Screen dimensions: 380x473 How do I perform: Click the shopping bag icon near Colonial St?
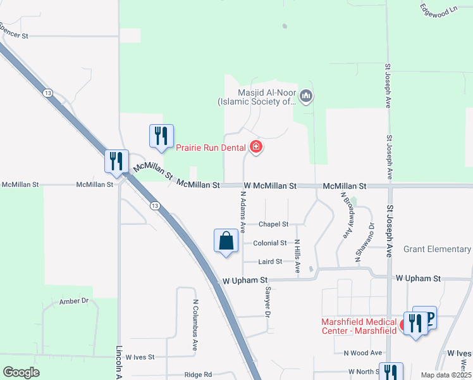226,241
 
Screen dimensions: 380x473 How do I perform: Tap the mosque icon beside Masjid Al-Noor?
307,96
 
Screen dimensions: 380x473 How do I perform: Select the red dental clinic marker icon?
256,148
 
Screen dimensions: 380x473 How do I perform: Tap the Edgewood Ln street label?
438,8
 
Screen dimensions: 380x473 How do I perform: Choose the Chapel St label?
273,224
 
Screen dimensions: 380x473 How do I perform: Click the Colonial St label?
270,243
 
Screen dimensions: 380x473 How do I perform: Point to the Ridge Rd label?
198,375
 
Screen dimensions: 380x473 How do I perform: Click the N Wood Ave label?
363,353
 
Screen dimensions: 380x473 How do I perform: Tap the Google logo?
21,372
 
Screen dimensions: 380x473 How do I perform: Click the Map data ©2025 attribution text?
445,375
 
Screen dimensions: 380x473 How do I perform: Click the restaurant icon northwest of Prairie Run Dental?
161,136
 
